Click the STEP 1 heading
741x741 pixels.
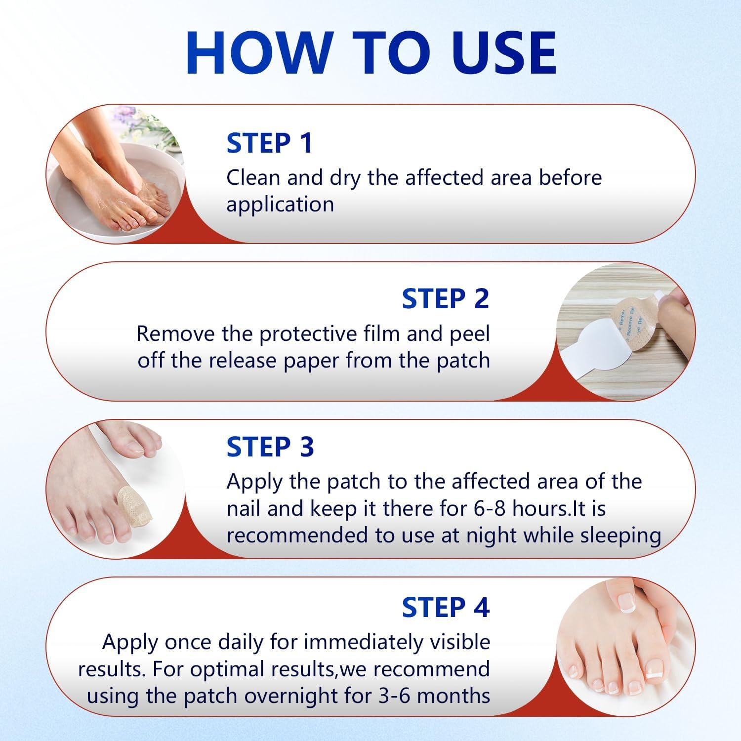tap(269, 143)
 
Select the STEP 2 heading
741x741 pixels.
tap(445, 299)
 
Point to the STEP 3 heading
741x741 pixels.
tap(270, 447)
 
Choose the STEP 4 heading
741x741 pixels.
tap(445, 607)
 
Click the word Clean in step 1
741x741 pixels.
tap(253, 178)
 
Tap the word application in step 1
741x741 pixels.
tap(280, 205)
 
